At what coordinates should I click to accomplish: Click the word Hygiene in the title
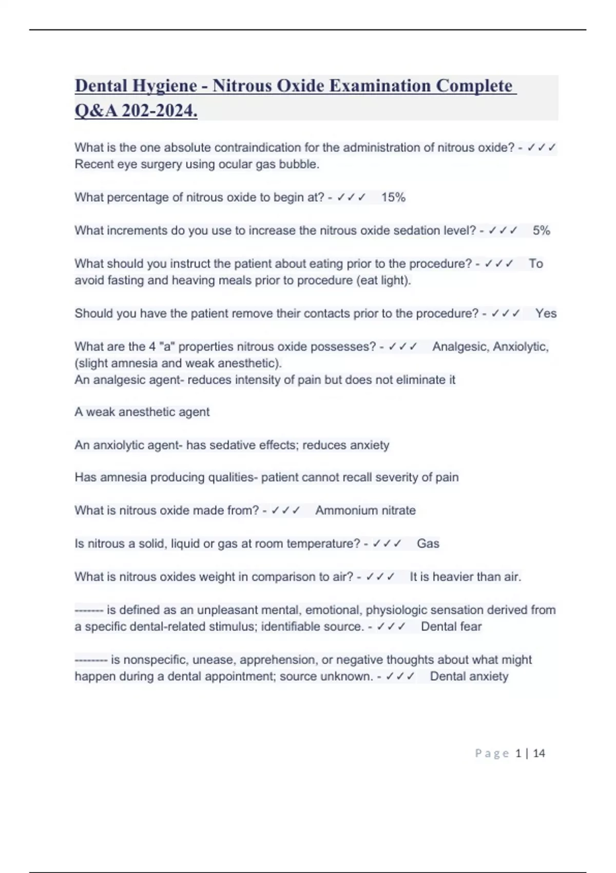[165, 86]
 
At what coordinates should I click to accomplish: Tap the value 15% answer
[393, 197]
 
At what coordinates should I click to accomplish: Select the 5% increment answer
[541, 231]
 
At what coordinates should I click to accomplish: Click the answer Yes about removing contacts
[546, 313]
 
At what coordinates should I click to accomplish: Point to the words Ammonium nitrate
[365, 510]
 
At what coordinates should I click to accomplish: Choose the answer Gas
[428, 543]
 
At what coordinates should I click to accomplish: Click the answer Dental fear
[451, 627]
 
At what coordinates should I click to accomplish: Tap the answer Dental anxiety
[469, 676]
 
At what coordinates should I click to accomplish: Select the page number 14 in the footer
[539, 753]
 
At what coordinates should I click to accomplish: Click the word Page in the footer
[492, 753]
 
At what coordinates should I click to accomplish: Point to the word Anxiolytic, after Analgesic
[521, 347]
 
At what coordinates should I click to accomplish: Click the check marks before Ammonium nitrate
[285, 510]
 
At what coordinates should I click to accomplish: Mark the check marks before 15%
[351, 197]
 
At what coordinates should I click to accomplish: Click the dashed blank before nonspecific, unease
[91, 660]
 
